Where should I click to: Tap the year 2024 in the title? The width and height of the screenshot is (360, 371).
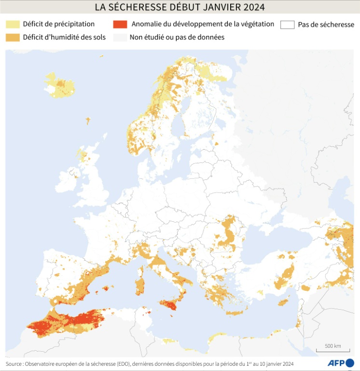pyautogui.click(x=251, y=8)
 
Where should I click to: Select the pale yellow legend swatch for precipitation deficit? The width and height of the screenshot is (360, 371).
pyautogui.click(x=13, y=24)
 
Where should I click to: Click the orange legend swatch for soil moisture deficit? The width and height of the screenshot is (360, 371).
pyautogui.click(x=13, y=37)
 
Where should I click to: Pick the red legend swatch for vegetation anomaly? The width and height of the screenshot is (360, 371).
pyautogui.click(x=120, y=24)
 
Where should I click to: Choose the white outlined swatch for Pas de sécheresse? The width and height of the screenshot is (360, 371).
pyautogui.click(x=288, y=25)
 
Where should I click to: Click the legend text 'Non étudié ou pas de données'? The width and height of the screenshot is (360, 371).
pyautogui.click(x=177, y=37)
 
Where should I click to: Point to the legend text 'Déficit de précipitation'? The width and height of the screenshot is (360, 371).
pyautogui.click(x=59, y=24)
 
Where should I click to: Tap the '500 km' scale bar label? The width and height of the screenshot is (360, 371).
pyautogui.click(x=333, y=346)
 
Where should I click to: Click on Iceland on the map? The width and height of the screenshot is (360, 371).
pyautogui.click(x=60, y=86)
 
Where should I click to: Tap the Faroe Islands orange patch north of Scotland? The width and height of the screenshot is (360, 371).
pyautogui.click(x=88, y=120)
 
